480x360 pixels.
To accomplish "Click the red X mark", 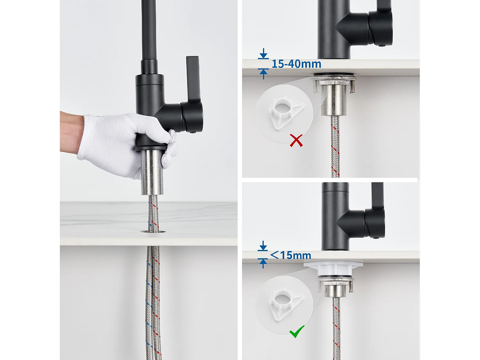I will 296,140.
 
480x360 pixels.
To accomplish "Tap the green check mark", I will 297,332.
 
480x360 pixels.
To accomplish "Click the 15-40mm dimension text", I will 296,64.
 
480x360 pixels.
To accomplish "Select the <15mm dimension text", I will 291,255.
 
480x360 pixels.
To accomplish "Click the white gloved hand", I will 122,141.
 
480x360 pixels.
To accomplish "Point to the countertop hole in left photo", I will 153,231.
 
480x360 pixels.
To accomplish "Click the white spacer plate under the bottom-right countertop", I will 333,266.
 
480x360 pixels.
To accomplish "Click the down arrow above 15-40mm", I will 263,54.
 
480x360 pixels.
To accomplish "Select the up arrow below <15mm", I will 263,263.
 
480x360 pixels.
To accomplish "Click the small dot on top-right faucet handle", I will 381,45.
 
